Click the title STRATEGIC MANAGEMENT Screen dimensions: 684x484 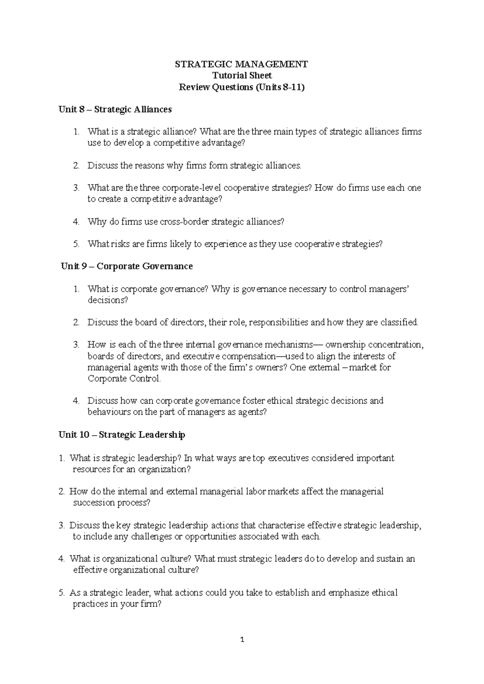click(242, 64)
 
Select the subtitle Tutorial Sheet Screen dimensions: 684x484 click(242, 75)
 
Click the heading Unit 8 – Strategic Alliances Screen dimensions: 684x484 click(115, 109)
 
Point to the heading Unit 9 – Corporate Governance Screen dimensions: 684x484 click(127, 266)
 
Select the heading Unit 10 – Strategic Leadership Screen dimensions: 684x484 click(122, 435)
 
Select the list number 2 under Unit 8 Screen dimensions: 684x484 click(76, 166)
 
